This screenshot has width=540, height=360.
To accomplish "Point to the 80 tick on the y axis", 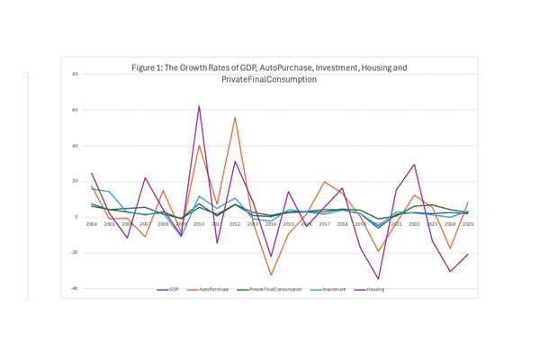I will click(x=76, y=74).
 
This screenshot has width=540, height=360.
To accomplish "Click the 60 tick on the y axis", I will click(x=76, y=110).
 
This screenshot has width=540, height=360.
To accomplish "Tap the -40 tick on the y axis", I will click(x=76, y=288).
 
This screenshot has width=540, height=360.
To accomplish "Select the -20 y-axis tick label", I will click(x=76, y=252).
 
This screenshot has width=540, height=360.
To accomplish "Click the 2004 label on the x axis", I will click(x=92, y=223).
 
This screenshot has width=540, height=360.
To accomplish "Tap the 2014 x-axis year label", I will click(x=270, y=223).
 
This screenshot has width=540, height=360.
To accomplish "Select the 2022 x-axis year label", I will click(x=413, y=223).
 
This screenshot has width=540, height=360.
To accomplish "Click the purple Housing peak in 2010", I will click(x=199, y=106).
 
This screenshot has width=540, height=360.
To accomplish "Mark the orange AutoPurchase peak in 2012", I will click(x=235, y=117).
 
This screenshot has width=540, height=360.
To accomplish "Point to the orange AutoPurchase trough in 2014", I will click(x=270, y=274).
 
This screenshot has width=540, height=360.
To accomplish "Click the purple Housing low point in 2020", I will click(x=378, y=279).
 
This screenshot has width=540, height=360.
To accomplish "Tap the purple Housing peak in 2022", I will click(x=413, y=164).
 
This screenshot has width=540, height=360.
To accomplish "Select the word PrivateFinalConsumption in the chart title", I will click(x=269, y=79).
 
